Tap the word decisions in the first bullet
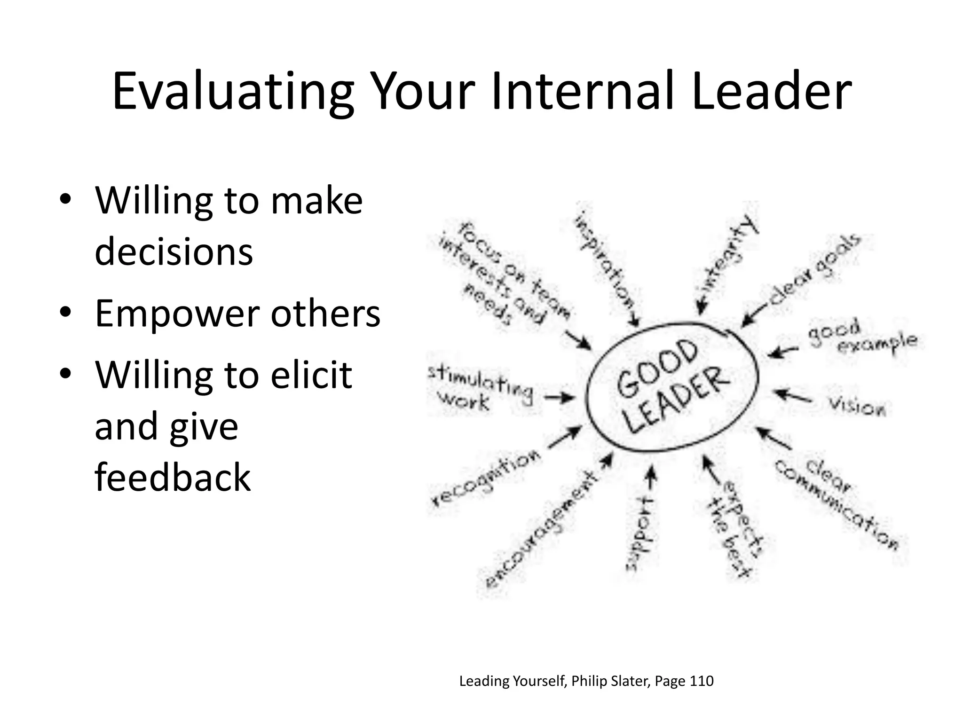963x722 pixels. coord(174,251)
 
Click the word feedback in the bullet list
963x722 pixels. coord(173,477)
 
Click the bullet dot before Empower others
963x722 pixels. coord(65,312)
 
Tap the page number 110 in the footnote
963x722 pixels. coord(701,681)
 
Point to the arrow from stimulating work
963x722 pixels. coord(560,399)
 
